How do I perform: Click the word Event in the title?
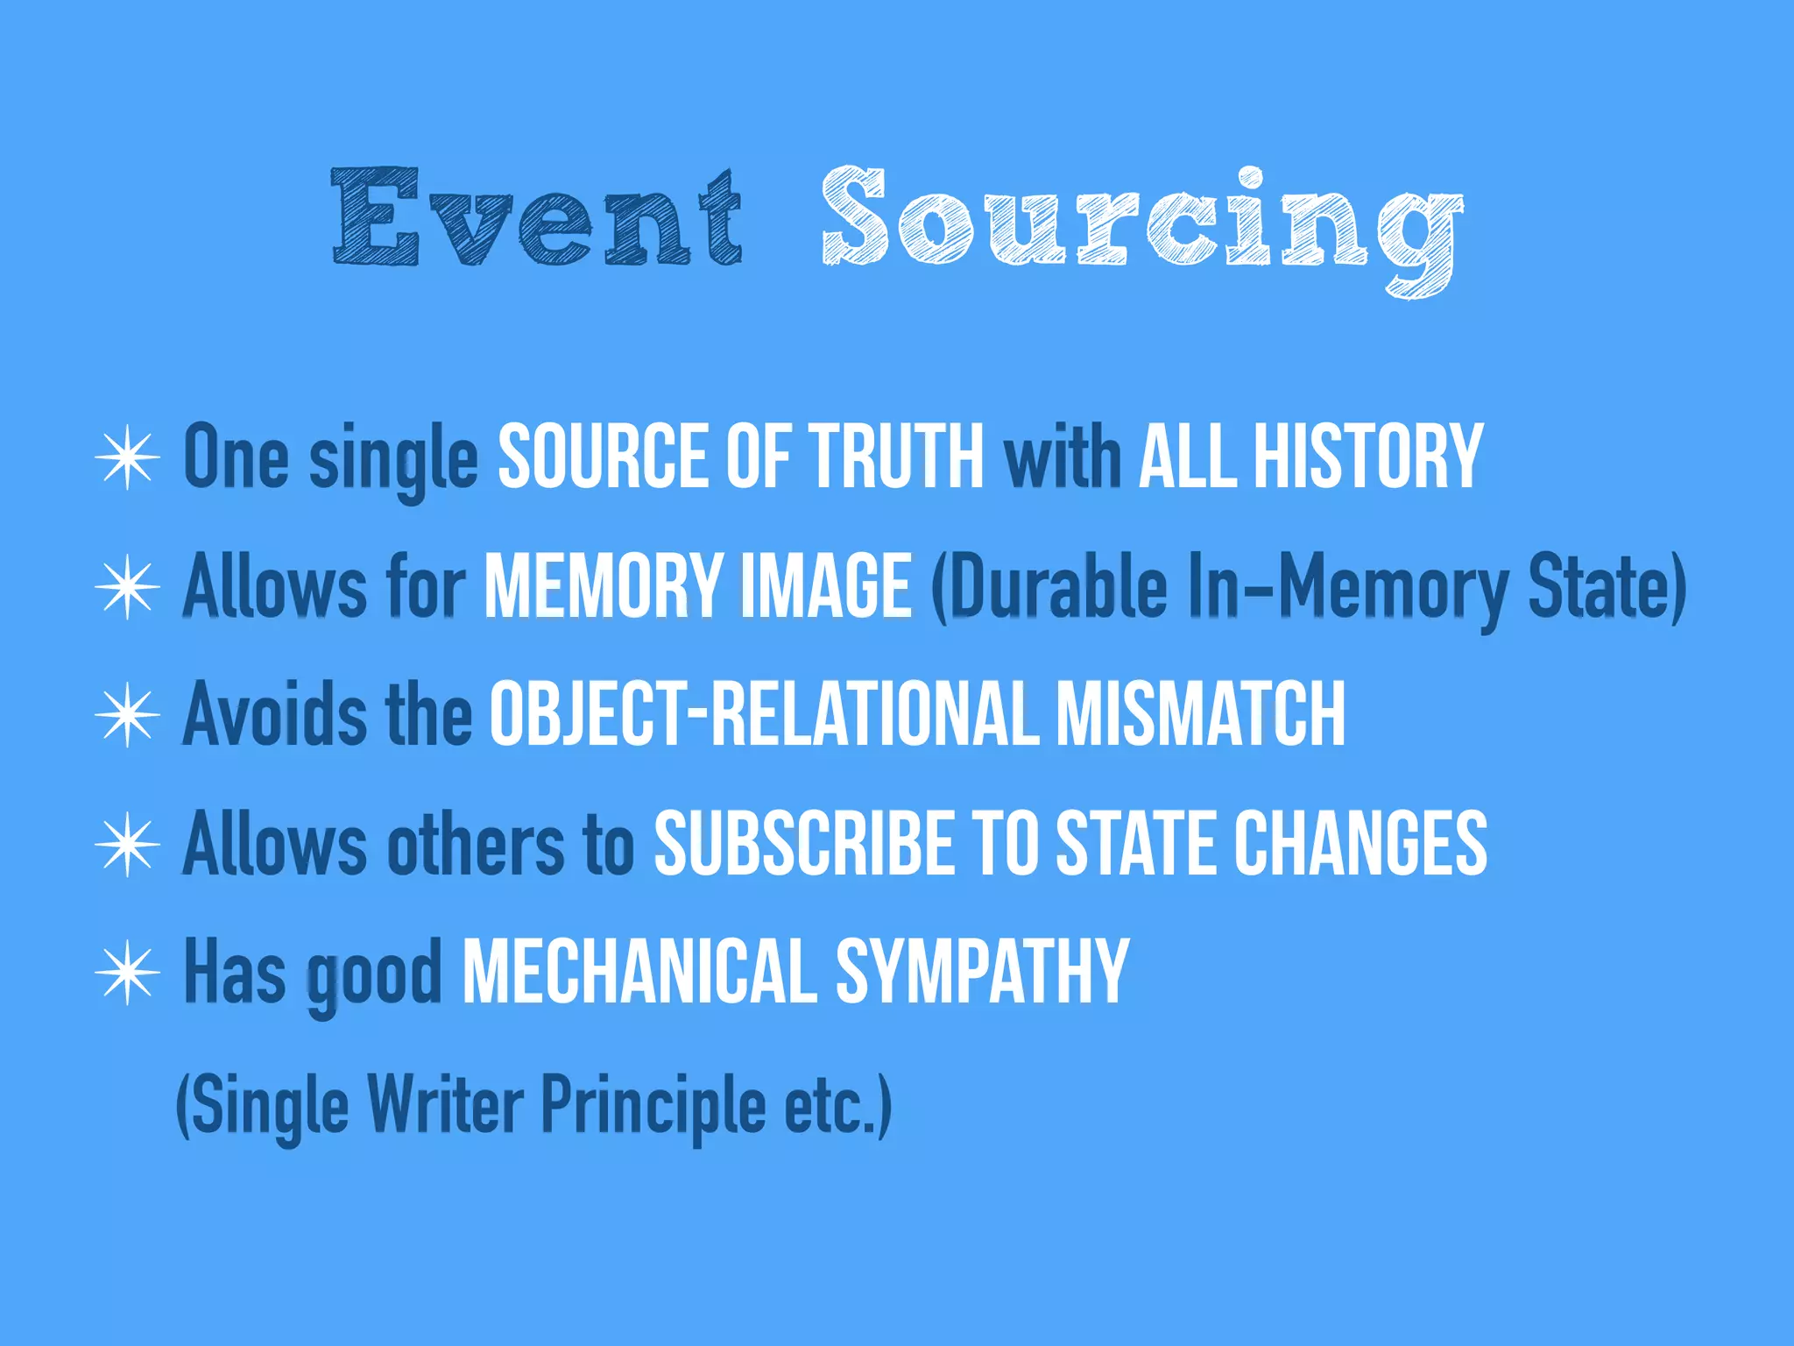[537, 216]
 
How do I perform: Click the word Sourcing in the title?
[1141, 223]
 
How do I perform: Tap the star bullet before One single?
[128, 457]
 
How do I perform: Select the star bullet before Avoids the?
[128, 714]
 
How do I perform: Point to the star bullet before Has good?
[128, 972]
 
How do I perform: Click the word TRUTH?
[897, 457]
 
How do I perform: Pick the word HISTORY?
[1367, 457]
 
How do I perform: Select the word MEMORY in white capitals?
[602, 585]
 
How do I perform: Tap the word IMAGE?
[827, 585]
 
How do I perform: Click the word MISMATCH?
[1200, 714]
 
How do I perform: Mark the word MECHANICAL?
[639, 972]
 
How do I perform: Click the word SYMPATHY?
[982, 972]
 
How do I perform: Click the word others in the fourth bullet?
[477, 843]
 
